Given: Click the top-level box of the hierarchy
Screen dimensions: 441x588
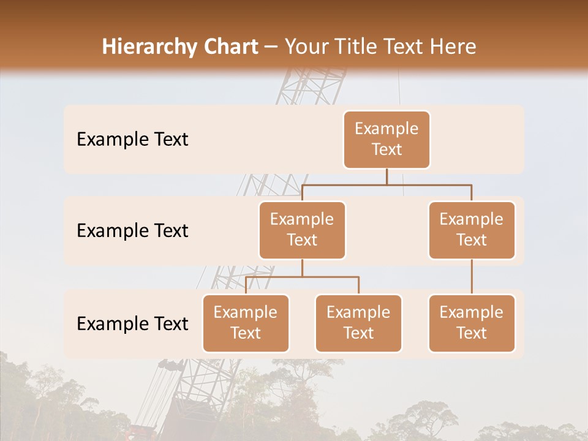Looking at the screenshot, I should tap(386, 139).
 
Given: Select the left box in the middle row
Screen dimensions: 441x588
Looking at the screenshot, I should tap(302, 230).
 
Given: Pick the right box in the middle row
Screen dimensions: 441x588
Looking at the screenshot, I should tap(472, 230).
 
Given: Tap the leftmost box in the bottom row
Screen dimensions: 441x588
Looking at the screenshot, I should tap(246, 323).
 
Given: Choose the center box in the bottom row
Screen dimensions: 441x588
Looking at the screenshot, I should tap(358, 323).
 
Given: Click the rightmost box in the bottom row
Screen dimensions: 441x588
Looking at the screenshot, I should tap(472, 323).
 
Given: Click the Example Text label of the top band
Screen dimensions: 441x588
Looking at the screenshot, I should tap(132, 140).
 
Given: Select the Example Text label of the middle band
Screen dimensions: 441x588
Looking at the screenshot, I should tap(132, 231).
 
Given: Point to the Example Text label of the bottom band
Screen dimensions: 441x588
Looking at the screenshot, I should tap(132, 324).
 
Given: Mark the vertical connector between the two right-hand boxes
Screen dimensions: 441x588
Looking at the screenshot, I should tap(472, 277).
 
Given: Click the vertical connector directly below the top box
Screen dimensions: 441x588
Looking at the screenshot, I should tap(386, 176).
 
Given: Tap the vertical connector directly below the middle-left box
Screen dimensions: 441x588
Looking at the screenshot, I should tap(302, 268).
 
